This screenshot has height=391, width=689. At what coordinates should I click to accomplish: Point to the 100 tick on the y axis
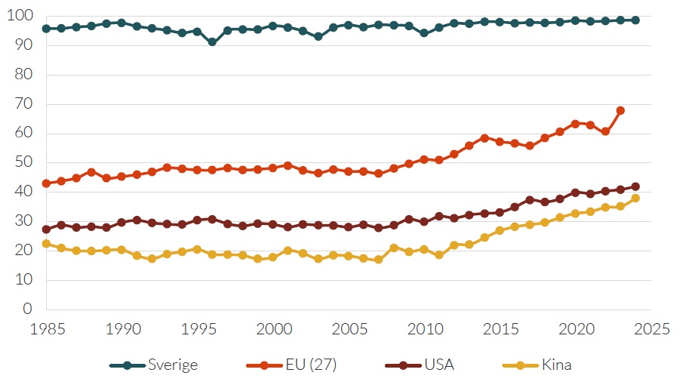click(23, 16)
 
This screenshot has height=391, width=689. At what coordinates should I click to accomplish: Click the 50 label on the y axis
click(26, 162)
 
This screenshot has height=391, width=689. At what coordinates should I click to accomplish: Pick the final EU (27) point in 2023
click(620, 110)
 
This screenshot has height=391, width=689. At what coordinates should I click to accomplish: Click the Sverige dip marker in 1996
click(212, 42)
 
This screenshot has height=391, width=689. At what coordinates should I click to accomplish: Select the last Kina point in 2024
click(635, 199)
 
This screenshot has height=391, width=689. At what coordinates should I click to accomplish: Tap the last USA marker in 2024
click(635, 186)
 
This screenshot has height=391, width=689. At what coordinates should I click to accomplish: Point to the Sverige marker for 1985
click(46, 29)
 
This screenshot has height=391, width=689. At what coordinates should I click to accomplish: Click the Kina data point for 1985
click(46, 244)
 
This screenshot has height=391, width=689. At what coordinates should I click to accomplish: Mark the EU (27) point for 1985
click(46, 183)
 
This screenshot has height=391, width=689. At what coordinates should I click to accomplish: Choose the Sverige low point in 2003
click(318, 36)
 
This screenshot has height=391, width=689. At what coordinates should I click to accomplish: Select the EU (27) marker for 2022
click(605, 131)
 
